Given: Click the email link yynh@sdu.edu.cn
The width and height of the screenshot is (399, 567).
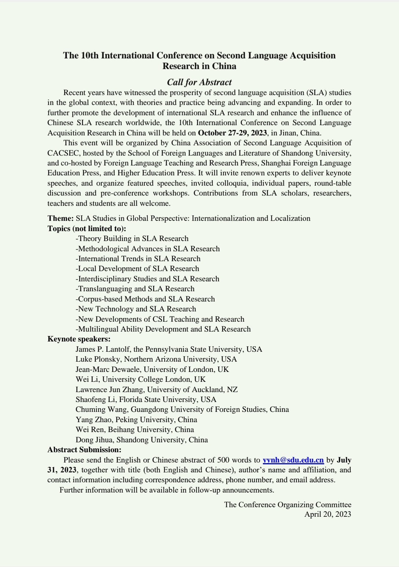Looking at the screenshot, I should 293,460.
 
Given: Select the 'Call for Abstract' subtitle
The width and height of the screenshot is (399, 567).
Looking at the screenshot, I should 199,82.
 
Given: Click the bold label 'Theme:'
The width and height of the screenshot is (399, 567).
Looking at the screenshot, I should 61,218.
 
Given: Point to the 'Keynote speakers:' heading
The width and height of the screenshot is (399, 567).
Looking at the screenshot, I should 79,339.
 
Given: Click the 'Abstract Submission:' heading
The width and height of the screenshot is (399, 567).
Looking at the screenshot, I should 84,450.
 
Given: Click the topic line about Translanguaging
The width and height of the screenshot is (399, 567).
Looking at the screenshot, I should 135,289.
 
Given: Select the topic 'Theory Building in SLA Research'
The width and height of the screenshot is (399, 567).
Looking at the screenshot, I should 132,238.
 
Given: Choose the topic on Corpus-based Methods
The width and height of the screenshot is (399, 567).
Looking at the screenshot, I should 145,299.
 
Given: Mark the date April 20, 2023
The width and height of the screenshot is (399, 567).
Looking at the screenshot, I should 327,514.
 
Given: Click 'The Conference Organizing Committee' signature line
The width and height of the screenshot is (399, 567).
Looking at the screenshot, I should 288,505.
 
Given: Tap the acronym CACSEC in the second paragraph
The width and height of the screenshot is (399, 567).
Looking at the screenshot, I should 62,153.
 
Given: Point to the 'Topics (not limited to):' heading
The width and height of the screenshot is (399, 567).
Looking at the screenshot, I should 87,228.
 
